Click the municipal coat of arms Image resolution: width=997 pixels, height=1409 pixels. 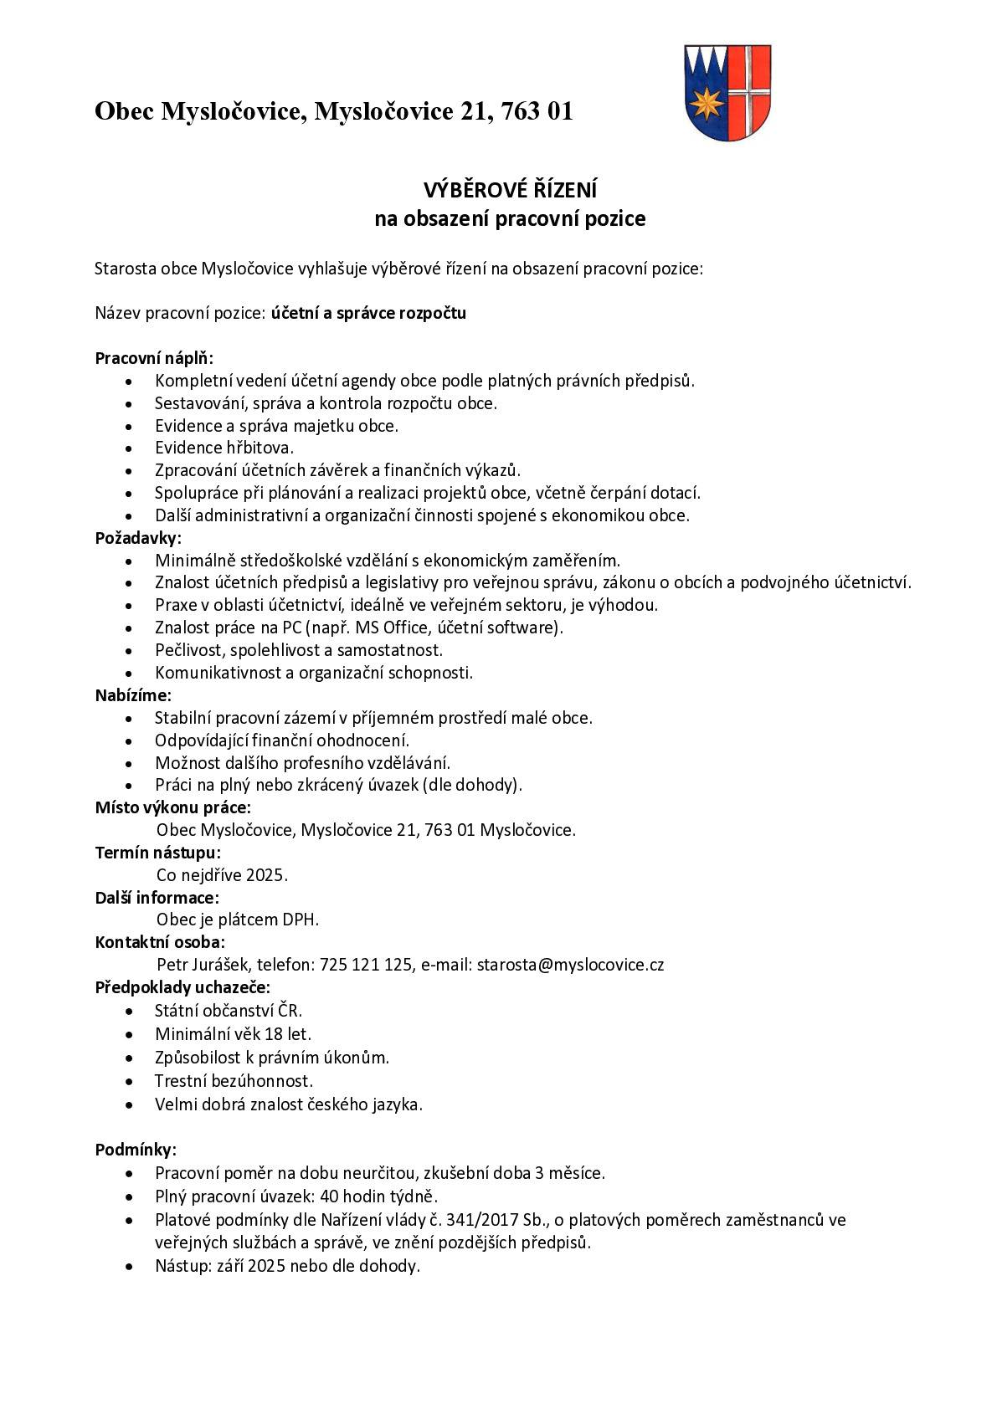pyautogui.click(x=727, y=92)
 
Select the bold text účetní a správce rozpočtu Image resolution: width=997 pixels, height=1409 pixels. pyautogui.click(x=368, y=314)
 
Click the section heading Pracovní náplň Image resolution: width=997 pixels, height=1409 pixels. pyautogui.click(x=154, y=358)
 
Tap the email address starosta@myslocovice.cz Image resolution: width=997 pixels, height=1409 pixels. pyautogui.click(x=570, y=965)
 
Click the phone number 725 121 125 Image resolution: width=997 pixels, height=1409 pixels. pyautogui.click(x=366, y=965)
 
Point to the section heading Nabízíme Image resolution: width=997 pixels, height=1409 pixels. pyautogui.click(x=133, y=695)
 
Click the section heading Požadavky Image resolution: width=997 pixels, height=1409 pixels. pyautogui.click(x=137, y=538)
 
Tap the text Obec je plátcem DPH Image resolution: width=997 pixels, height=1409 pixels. pyautogui.click(x=238, y=920)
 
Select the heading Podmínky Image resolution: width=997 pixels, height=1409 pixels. pyautogui.click(x=136, y=1150)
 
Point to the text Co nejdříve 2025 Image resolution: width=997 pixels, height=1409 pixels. pyautogui.click(x=222, y=875)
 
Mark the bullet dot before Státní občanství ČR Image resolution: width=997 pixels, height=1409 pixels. pyautogui.click(x=128, y=1011)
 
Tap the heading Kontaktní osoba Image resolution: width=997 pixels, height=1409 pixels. pyautogui.click(x=160, y=942)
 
